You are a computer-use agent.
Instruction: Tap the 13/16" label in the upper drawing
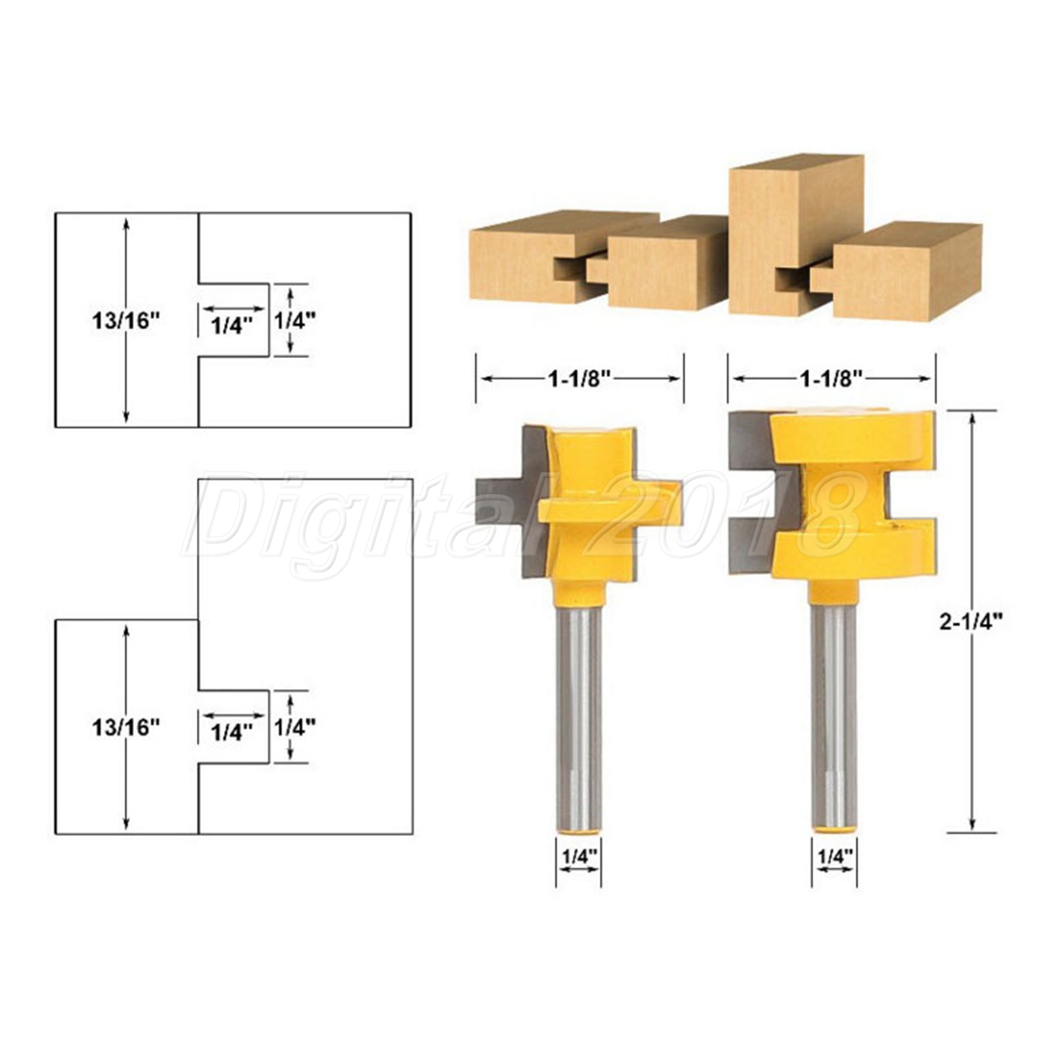coord(126,321)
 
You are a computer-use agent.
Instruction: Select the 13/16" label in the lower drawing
coord(126,727)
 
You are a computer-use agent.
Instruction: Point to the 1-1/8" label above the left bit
coord(580,378)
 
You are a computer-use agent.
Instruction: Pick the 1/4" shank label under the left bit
coord(579,856)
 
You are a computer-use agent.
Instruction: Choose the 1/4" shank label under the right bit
coord(835,856)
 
